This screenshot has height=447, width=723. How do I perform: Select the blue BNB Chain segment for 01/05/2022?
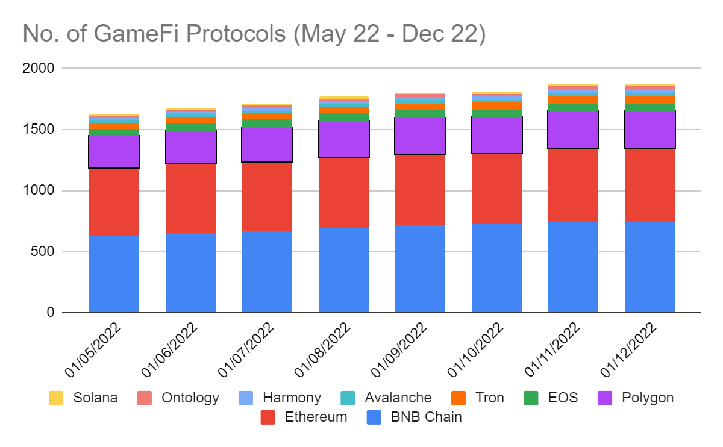[114, 274]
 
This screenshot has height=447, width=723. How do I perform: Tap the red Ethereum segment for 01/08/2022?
[344, 193]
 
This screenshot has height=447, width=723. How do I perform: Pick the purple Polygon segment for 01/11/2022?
[573, 130]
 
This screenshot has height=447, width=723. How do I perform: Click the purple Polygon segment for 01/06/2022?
[191, 147]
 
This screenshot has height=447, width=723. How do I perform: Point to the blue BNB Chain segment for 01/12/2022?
[650, 267]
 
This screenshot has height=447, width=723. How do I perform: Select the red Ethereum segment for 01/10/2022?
[497, 189]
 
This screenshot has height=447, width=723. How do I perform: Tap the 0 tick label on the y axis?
[51, 313]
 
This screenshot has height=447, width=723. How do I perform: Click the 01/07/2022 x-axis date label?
[246, 349]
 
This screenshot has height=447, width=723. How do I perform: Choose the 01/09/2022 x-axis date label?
[399, 349]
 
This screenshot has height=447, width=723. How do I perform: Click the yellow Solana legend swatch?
[56, 398]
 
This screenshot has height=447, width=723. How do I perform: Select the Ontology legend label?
[190, 398]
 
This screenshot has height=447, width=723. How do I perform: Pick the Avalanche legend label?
[398, 398]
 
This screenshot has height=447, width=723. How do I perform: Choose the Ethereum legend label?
[316, 417]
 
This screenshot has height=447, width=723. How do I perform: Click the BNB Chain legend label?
[426, 417]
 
